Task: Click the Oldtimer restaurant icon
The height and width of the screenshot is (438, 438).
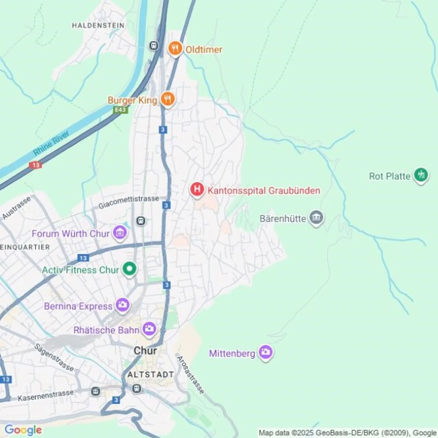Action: (x=175, y=49)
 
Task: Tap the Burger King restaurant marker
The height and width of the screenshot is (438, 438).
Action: (x=167, y=99)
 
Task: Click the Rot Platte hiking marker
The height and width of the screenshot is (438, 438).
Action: (x=421, y=175)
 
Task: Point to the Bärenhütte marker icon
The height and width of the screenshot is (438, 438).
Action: (x=316, y=218)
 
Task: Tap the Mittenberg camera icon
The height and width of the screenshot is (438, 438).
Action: (x=266, y=352)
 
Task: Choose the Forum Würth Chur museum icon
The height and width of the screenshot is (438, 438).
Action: (x=120, y=233)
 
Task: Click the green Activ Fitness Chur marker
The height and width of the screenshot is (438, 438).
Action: (x=130, y=269)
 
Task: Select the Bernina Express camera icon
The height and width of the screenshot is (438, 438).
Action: (x=123, y=305)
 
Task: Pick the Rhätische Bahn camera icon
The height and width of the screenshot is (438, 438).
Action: (x=149, y=329)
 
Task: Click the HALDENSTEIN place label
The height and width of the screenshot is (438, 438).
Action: (x=98, y=26)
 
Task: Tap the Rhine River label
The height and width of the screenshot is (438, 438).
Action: (x=51, y=143)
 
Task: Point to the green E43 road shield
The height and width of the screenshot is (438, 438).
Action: (x=120, y=109)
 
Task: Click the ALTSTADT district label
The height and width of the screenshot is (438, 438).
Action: (x=151, y=374)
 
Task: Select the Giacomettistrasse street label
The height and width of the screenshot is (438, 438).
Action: (x=129, y=202)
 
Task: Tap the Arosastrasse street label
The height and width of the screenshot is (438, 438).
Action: (x=190, y=375)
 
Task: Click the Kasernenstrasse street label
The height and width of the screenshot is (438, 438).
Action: (x=46, y=395)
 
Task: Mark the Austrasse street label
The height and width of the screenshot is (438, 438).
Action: (x=16, y=208)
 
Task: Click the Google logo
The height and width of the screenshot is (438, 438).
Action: (x=23, y=430)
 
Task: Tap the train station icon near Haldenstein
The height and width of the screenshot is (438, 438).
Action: (x=154, y=46)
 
